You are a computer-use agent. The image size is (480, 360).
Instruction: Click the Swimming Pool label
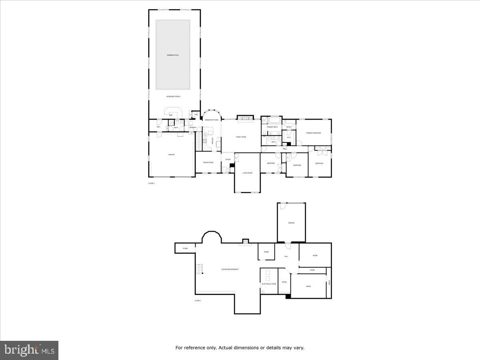(x=173, y=55)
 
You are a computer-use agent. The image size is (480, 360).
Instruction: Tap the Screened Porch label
(x=173, y=96)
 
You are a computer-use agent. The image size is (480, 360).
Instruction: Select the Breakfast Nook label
(x=212, y=120)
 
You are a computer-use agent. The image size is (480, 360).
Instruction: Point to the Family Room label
(x=241, y=137)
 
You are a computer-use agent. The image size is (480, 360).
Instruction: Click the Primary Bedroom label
(x=314, y=133)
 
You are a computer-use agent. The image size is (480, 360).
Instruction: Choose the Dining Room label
(x=208, y=162)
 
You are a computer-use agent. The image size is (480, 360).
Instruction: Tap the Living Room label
(x=247, y=173)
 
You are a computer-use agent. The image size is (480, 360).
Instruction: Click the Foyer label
(x=228, y=160)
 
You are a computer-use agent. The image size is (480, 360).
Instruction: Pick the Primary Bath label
(x=272, y=127)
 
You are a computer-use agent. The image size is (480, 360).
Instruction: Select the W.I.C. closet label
(x=289, y=138)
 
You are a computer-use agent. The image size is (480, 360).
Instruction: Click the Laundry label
(x=192, y=128)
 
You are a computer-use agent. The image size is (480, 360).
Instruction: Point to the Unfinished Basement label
(x=230, y=269)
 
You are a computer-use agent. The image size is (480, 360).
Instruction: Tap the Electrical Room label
(x=269, y=284)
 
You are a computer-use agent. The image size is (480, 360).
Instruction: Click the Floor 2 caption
(x=152, y=183)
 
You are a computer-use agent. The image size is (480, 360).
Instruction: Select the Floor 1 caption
(x=198, y=300)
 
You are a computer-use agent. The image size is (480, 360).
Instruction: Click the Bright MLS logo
(x=29, y=350)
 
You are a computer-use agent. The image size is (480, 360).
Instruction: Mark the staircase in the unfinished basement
(x=199, y=269)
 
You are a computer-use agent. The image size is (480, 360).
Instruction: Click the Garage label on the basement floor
(x=291, y=223)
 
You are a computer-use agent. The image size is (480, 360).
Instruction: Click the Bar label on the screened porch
(x=171, y=115)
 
